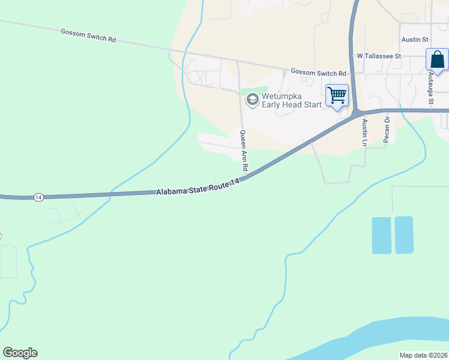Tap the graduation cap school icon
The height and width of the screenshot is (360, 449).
(x=252, y=100)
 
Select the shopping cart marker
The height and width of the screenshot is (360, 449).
(x=337, y=95)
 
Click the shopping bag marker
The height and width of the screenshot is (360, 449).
(x=436, y=61)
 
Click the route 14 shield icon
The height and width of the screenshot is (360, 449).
(x=38, y=197)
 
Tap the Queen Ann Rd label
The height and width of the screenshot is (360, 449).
(x=244, y=150)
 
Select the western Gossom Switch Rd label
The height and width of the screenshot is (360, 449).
(x=88, y=35)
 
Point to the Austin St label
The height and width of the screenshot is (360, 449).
(x=415, y=40)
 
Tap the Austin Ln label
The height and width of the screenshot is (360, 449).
(x=364, y=133)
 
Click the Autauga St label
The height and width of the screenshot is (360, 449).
(x=431, y=88)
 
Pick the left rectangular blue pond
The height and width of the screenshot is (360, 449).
(x=381, y=235)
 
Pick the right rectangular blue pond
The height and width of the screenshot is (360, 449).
(x=404, y=235)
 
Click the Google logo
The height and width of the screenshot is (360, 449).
(x=20, y=353)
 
